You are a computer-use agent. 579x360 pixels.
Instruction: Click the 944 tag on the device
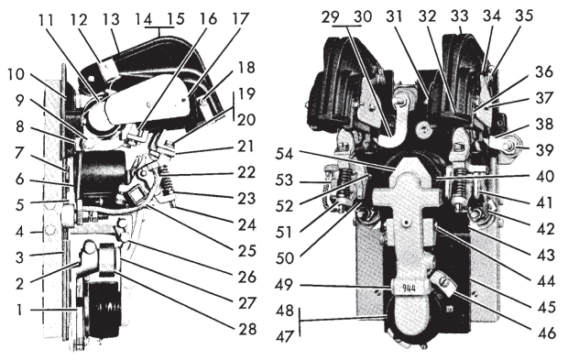point(405,287)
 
